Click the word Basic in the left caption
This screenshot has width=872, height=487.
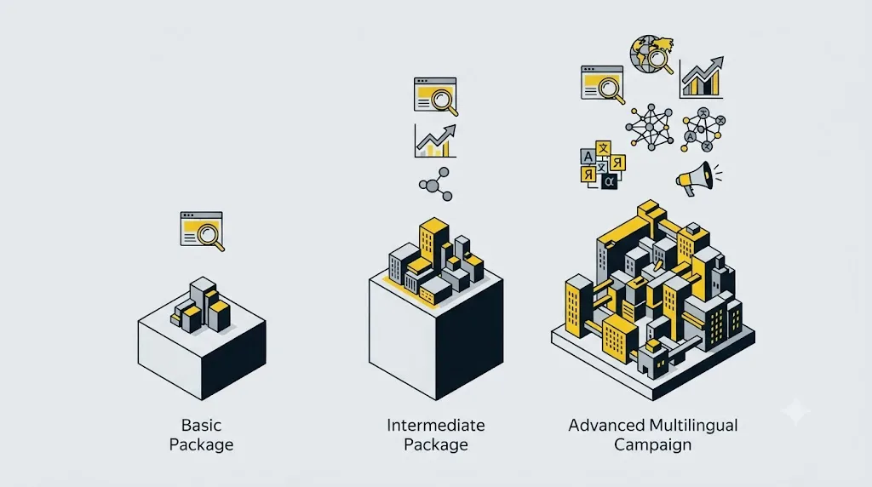201,426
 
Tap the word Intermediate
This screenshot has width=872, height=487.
436,426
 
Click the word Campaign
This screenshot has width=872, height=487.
653,444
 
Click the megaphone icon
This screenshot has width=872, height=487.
698,179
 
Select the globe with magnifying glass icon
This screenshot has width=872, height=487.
651,54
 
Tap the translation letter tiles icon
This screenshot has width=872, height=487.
603,165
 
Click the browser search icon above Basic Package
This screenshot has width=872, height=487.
203,231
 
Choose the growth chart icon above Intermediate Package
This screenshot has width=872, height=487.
435,140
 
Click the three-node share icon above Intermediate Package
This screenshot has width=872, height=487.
435,184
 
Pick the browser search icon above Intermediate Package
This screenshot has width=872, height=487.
436,96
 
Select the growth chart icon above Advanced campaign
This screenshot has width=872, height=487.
702,77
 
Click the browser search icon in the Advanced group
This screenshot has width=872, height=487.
603,84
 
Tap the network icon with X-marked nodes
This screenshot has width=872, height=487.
703,130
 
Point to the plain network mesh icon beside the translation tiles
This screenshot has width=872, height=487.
650,128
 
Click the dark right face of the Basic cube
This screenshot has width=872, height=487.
233,359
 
